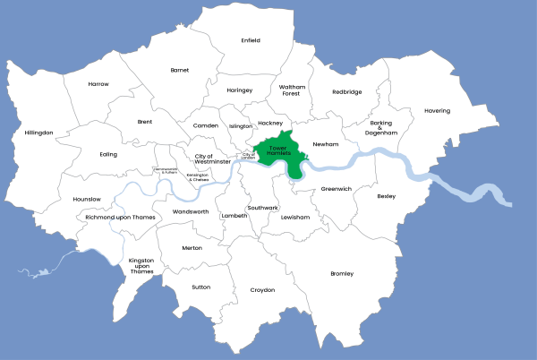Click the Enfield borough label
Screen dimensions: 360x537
[x=251, y=40]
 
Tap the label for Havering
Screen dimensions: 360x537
[x=438, y=111]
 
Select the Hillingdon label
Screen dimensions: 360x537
[x=39, y=133]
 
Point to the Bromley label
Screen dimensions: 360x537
[x=342, y=273]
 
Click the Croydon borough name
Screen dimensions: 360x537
[x=262, y=290]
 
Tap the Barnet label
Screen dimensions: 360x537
[x=180, y=69]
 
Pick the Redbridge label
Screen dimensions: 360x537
[x=347, y=91]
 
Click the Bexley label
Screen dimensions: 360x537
[x=386, y=195]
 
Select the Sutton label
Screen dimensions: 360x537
[x=200, y=287]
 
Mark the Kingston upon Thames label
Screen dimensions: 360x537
[x=142, y=265]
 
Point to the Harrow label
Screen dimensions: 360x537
[x=98, y=83]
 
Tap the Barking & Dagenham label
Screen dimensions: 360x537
[x=379, y=127]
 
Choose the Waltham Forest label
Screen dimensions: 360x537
[x=292, y=90]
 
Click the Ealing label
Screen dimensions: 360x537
[x=108, y=154]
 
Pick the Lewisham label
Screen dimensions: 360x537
[x=294, y=217]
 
